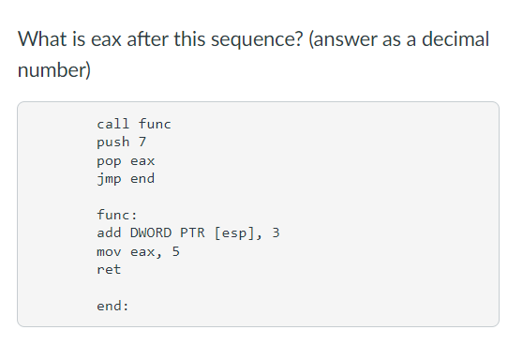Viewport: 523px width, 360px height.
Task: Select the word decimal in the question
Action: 454,40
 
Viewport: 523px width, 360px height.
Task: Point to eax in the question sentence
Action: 113,40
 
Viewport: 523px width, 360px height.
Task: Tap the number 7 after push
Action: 142,142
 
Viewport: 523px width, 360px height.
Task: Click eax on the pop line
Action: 142,160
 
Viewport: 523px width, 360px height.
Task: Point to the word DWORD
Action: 149,232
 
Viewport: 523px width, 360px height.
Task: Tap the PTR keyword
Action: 194,232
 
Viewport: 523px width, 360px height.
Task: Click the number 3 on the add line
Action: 276,232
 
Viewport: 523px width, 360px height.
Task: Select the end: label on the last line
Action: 112,306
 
